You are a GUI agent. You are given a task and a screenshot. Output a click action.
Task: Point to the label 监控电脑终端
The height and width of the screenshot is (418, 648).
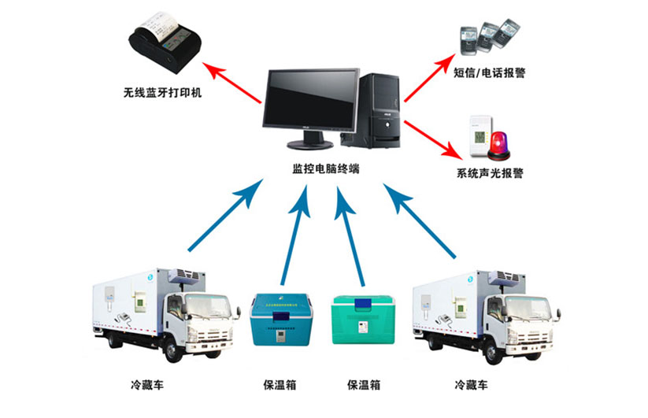[325, 168]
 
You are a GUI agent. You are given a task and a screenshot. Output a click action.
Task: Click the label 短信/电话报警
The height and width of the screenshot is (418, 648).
[490, 72]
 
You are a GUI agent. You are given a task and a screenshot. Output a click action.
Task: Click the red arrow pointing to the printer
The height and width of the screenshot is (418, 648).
[235, 84]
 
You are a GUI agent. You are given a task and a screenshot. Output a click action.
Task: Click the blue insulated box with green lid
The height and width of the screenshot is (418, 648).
[280, 318]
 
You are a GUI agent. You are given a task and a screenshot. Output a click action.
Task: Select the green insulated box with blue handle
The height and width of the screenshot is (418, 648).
[362, 320]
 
